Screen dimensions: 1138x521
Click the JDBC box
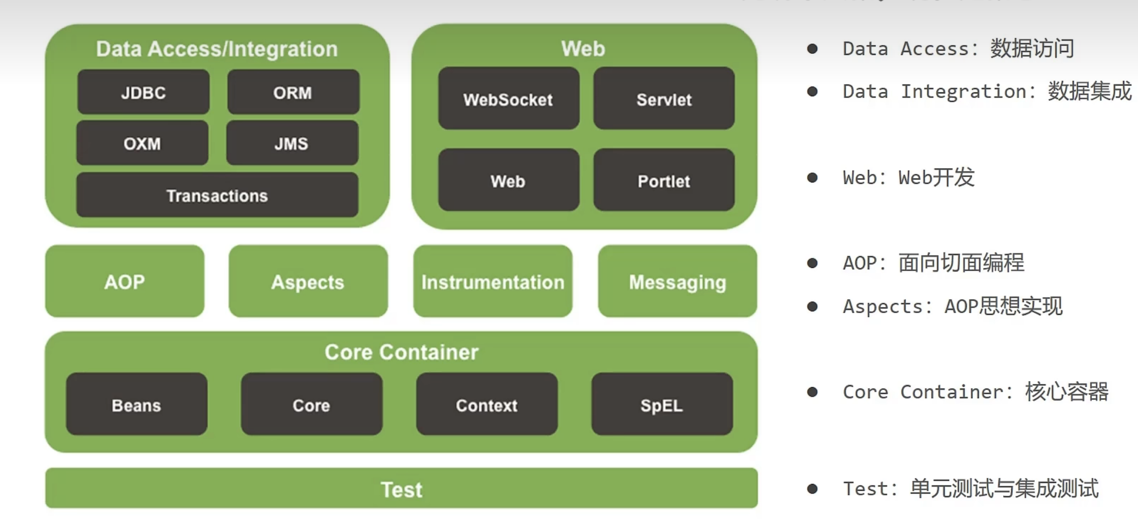pos(143,92)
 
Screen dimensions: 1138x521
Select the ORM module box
pos(293,92)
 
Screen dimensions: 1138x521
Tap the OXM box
pos(142,143)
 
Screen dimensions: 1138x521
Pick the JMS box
pos(292,143)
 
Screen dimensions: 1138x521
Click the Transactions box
pos(217,195)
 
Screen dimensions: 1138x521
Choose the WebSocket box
pos(508,98)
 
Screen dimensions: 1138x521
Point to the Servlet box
pos(664,98)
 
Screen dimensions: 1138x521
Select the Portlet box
pos(664,180)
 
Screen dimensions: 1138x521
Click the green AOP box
pos(125,281)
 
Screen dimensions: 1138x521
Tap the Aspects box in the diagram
pos(308,281)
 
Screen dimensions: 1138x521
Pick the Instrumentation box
pos(493,281)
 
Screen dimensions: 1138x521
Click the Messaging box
pos(677,281)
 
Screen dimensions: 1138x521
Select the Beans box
pos(137,404)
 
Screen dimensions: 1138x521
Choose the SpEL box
pos(662,404)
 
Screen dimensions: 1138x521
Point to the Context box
pos(487,404)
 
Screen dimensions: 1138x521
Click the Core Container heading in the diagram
pos(402,352)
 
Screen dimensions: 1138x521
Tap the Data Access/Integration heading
pos(217,49)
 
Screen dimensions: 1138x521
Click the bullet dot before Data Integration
pos(812,91)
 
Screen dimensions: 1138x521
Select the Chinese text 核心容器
pos(1067,392)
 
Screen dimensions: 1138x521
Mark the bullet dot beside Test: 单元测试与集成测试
pos(812,489)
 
